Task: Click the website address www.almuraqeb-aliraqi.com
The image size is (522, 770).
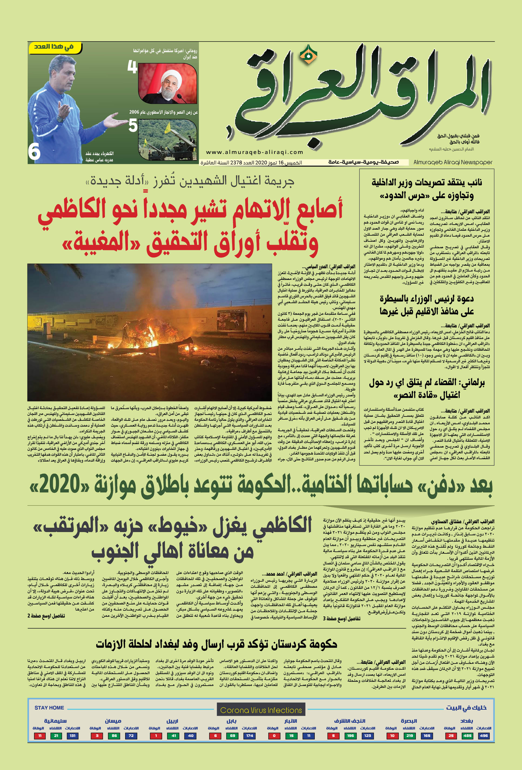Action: pyautogui.click(x=254, y=152)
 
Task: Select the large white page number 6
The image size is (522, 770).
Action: pyautogui.click(x=34, y=152)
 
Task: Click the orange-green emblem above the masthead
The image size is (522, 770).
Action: pyautogui.click(x=308, y=54)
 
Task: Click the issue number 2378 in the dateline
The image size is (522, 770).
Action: pyautogui.click(x=236, y=163)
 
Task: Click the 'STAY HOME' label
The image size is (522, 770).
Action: pyautogui.click(x=49, y=708)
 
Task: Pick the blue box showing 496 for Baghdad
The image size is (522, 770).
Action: pyautogui.click(x=484, y=736)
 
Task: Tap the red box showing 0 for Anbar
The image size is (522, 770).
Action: pyautogui.click(x=274, y=736)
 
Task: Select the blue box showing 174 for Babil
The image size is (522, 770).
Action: pyautogui.click(x=250, y=736)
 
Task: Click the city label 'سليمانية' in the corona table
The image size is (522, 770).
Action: pyautogui.click(x=56, y=721)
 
